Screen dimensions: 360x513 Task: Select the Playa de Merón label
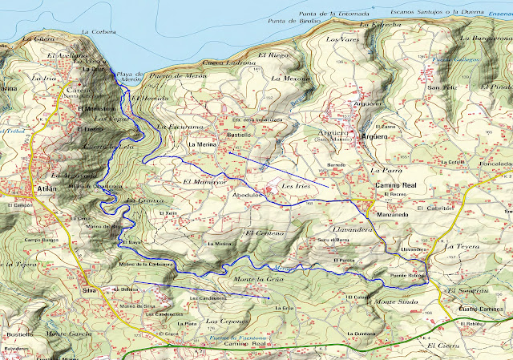pyautogui.click(x=131, y=75)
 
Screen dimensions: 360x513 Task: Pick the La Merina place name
pyautogui.click(x=203, y=144)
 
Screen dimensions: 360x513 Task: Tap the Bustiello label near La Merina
pyautogui.click(x=241, y=136)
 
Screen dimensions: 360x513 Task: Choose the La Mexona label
pyautogui.click(x=289, y=79)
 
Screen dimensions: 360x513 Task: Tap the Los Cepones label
pyautogui.click(x=223, y=321)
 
